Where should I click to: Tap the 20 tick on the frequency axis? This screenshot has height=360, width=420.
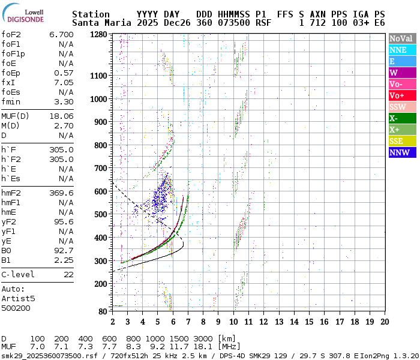click(x=385, y=322)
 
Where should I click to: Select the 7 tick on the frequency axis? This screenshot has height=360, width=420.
click(x=188, y=322)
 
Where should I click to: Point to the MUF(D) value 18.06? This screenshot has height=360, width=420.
click(x=61, y=115)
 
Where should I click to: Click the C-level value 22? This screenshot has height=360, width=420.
click(x=68, y=274)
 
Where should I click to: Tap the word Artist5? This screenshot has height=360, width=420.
click(x=18, y=298)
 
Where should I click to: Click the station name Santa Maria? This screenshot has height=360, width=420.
click(x=98, y=23)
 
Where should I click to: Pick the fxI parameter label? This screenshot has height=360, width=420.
click(x=9, y=82)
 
